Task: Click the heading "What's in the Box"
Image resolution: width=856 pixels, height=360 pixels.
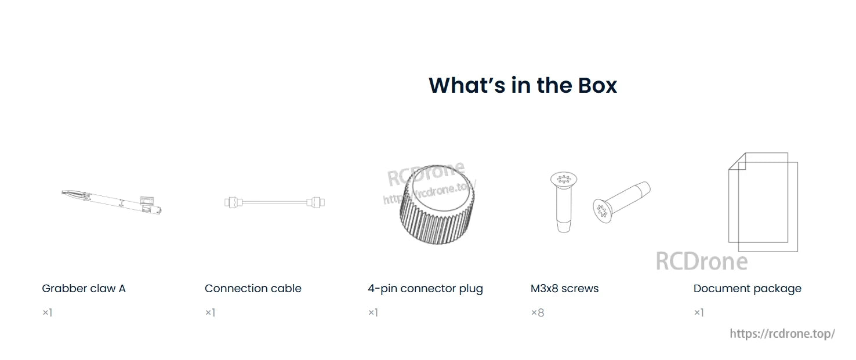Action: pyautogui.click(x=523, y=85)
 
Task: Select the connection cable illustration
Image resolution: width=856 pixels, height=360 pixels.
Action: pyautogui.click(x=274, y=202)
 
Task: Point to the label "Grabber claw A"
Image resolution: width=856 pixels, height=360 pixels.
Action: pyautogui.click(x=84, y=289)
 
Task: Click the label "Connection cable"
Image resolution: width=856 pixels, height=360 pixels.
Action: pyautogui.click(x=253, y=289)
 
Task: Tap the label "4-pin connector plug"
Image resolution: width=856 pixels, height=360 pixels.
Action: pyautogui.click(x=425, y=289)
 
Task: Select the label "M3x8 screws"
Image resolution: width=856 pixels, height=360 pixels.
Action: pyautogui.click(x=564, y=289)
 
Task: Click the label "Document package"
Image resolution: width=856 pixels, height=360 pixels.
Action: pyautogui.click(x=747, y=289)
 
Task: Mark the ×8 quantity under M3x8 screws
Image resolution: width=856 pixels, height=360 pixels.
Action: pyautogui.click(x=537, y=313)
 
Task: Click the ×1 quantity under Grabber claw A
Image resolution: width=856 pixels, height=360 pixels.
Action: pyautogui.click(x=47, y=313)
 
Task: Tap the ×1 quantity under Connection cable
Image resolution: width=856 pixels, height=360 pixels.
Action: pyautogui.click(x=210, y=313)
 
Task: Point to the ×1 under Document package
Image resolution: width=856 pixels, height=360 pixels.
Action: pyautogui.click(x=699, y=313)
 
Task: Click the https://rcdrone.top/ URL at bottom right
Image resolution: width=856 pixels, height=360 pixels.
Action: pyautogui.click(x=782, y=334)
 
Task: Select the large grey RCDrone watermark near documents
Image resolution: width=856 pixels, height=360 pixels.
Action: pyautogui.click(x=701, y=261)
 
